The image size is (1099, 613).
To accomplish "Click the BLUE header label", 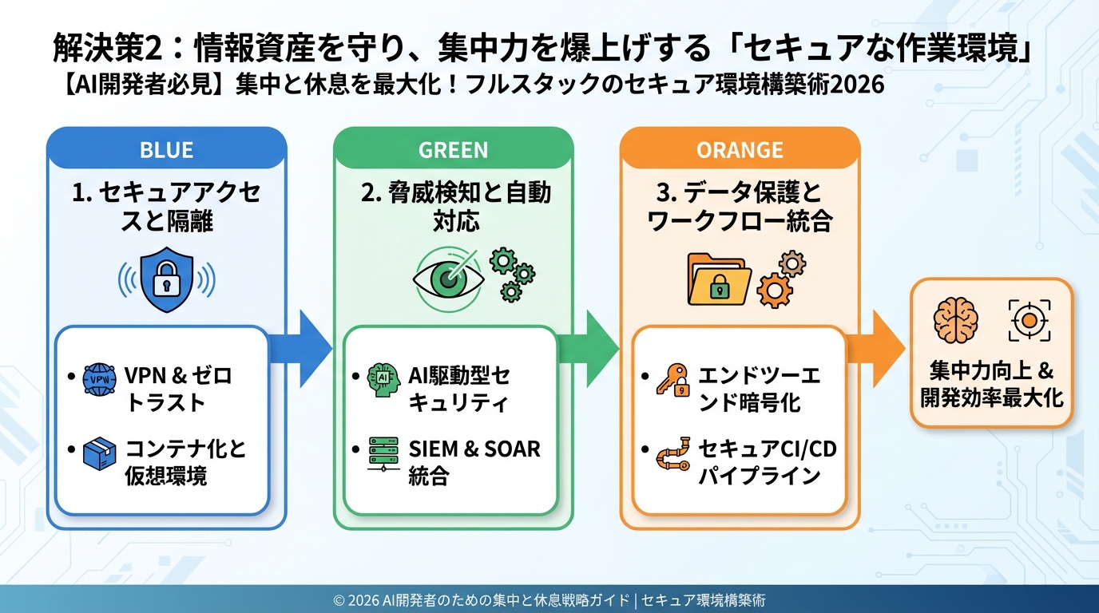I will click(166, 149).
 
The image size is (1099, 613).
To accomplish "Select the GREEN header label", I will click(453, 149).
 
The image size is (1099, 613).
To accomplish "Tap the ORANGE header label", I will click(740, 149).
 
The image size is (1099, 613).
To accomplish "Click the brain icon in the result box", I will click(956, 320).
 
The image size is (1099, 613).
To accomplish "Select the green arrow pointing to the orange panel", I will click(594, 346).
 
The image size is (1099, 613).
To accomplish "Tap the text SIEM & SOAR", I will click(474, 449).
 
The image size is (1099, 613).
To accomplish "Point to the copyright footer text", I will click(549, 599).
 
